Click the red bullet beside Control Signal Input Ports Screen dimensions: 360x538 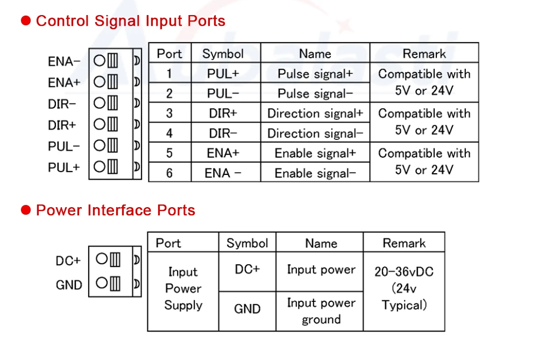click(x=26, y=22)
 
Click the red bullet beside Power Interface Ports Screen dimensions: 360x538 click(x=26, y=210)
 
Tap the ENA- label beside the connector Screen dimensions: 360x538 click(x=63, y=61)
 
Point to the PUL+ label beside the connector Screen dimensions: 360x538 click(x=63, y=167)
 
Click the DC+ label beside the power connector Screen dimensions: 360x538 click(x=68, y=261)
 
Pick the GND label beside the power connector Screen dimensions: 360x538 click(x=69, y=285)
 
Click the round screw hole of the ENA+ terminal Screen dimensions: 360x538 click(x=99, y=82)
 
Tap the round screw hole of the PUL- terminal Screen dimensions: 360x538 click(x=99, y=145)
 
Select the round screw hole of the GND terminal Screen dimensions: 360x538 click(x=102, y=283)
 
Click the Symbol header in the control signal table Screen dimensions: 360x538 click(x=223, y=54)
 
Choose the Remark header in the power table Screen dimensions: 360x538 click(x=404, y=243)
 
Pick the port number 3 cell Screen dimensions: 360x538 click(x=169, y=114)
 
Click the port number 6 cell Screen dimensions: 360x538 click(x=169, y=173)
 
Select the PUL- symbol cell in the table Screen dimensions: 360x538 click(x=223, y=94)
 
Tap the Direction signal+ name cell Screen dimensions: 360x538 click(x=315, y=114)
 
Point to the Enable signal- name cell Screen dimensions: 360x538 click(x=315, y=173)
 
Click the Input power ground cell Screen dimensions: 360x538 click(x=321, y=311)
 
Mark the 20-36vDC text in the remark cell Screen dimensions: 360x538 click(x=404, y=272)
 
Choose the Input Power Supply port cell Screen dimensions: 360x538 click(x=183, y=288)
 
